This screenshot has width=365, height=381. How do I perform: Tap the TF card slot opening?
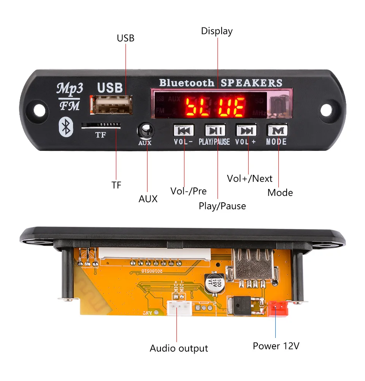tap(101, 125)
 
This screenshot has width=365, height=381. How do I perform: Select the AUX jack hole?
tap(145, 130)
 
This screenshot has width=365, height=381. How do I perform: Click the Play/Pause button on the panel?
tap(215, 131)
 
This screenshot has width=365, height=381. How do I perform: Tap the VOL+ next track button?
tap(246, 131)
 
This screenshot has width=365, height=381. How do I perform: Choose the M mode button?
tap(277, 131)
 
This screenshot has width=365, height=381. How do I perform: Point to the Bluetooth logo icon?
tap(66, 127)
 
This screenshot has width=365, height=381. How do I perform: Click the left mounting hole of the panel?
tap(39, 108)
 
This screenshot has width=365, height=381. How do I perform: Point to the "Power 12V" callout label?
tap(276, 346)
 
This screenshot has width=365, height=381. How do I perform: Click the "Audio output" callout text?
tap(179, 348)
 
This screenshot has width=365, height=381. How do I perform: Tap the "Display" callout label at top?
tap(217, 31)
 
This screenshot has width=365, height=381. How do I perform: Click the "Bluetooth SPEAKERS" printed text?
tap(221, 83)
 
